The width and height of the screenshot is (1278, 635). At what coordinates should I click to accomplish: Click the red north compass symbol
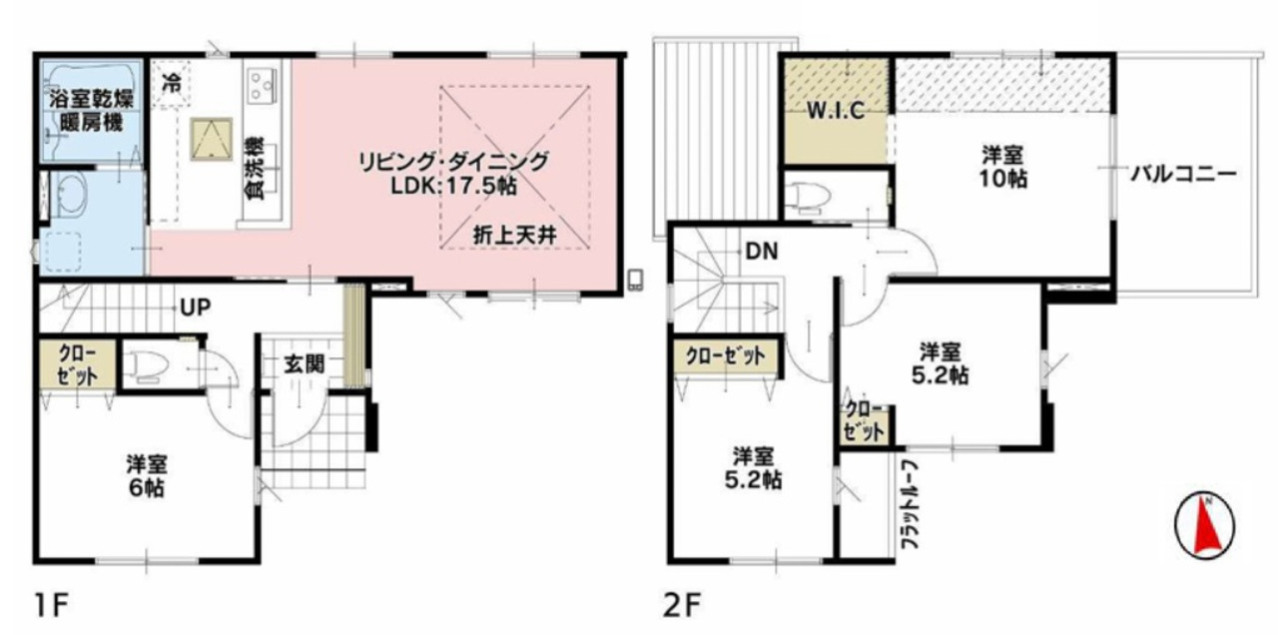pyautogui.click(x=1204, y=525)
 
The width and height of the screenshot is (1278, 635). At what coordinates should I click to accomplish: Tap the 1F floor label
pyautogui.click(x=53, y=605)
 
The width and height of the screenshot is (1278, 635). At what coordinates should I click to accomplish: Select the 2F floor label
pyautogui.click(x=681, y=605)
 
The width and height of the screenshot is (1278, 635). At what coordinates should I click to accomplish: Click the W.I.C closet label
pyautogui.click(x=836, y=111)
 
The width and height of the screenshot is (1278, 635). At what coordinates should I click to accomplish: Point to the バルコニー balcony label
pyautogui.click(x=1183, y=174)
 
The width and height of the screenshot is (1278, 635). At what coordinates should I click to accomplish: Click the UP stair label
pyautogui.click(x=196, y=309)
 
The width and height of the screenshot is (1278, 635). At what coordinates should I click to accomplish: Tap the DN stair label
pyautogui.click(x=762, y=251)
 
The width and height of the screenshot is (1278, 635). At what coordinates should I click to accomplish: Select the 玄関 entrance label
pyautogui.click(x=305, y=364)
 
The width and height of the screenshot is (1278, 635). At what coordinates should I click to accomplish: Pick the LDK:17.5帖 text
pyautogui.click(x=453, y=186)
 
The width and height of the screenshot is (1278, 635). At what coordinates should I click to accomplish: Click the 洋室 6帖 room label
pyautogui.click(x=147, y=476)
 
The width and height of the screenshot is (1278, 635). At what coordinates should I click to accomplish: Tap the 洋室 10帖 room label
pyautogui.click(x=1003, y=167)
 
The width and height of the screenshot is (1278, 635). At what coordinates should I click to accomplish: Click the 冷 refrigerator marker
pyautogui.click(x=171, y=83)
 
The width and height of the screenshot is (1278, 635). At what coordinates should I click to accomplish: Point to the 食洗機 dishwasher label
pyautogui.click(x=255, y=168)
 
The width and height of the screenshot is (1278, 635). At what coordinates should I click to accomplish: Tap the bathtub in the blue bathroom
pyautogui.click(x=91, y=109)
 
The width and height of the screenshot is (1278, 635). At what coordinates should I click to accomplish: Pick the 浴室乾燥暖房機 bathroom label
pyautogui.click(x=91, y=111)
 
